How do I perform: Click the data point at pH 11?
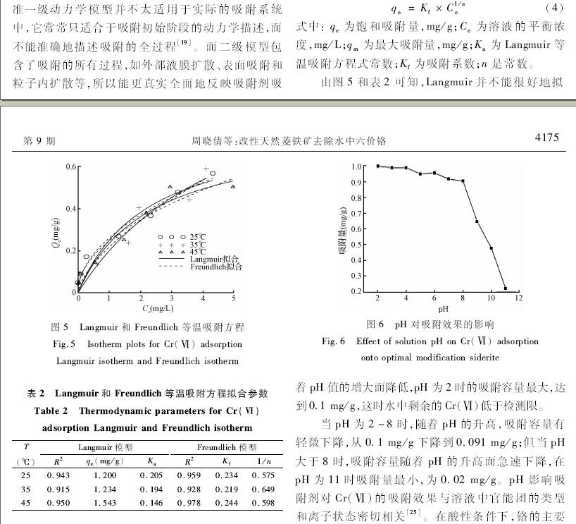505,288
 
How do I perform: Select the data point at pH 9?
477,221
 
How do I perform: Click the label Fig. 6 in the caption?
333,342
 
